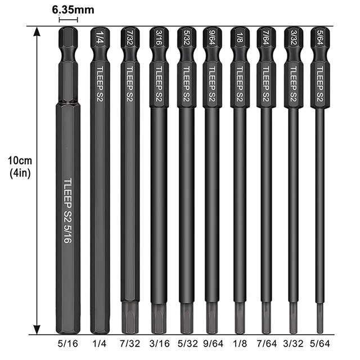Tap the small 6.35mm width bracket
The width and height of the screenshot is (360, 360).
67,20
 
